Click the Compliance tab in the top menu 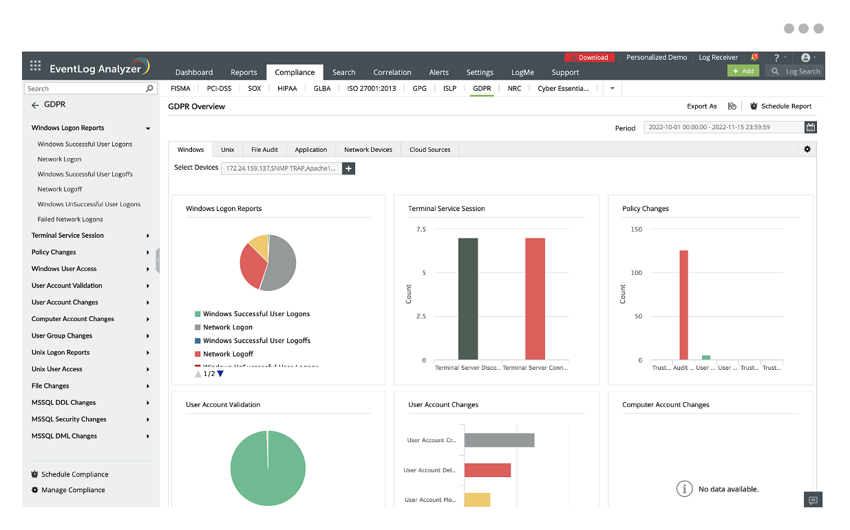coord(295,72)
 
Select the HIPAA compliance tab coord(287,89)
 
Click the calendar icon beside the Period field coord(811,127)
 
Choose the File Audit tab coord(264,149)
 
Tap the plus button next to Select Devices coord(348,168)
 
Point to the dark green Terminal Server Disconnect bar coord(468,299)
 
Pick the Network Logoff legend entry coord(228,354)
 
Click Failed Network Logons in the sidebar coord(70,219)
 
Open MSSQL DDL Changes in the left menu coord(64,403)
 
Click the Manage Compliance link coord(73,490)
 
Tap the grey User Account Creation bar coord(499,440)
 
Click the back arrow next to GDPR coord(35,105)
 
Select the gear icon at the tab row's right coord(807,149)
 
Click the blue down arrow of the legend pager coord(220,374)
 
